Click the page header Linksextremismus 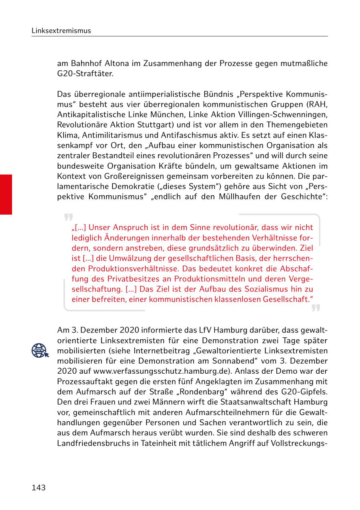[x=61, y=31]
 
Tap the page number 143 [x=38, y=488]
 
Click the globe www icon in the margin [x=40, y=351]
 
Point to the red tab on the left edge [x=6, y=194]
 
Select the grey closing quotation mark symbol [x=316, y=308]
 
